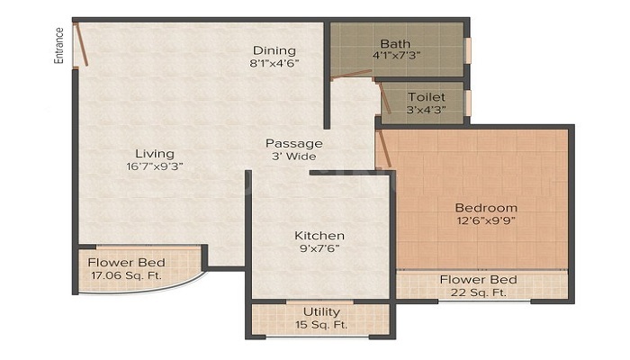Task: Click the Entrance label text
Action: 59,44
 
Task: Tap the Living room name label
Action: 155,153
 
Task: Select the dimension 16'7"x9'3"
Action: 155,166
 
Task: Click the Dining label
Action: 274,50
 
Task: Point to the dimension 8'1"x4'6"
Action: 274,63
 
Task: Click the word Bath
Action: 395,43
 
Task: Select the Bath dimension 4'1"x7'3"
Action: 395,56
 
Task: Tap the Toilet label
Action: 426,97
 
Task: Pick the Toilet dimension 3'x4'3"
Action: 426,111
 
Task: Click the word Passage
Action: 293,143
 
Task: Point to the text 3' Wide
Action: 293,157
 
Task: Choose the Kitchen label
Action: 319,236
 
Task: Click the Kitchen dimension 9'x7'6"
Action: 319,249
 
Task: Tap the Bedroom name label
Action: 486,207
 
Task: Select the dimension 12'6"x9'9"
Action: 486,220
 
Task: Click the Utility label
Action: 321,311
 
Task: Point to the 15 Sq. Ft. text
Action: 321,324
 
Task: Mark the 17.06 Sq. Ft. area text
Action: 126,276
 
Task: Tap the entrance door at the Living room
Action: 81,44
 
